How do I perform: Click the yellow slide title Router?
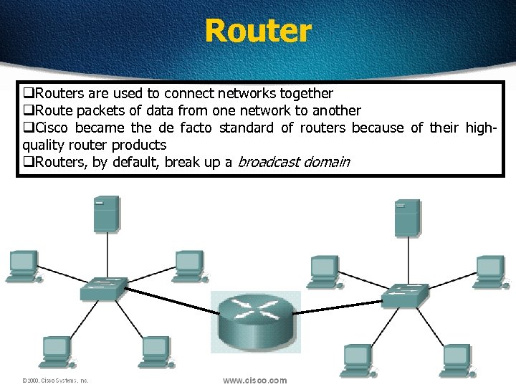tap(258, 31)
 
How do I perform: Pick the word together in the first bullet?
tap(306, 94)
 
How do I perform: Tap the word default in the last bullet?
tap(134, 163)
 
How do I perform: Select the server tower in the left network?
tap(106, 213)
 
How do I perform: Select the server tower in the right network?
tap(407, 218)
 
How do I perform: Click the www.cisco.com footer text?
tap(254, 381)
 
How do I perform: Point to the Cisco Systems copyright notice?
tap(55, 381)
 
